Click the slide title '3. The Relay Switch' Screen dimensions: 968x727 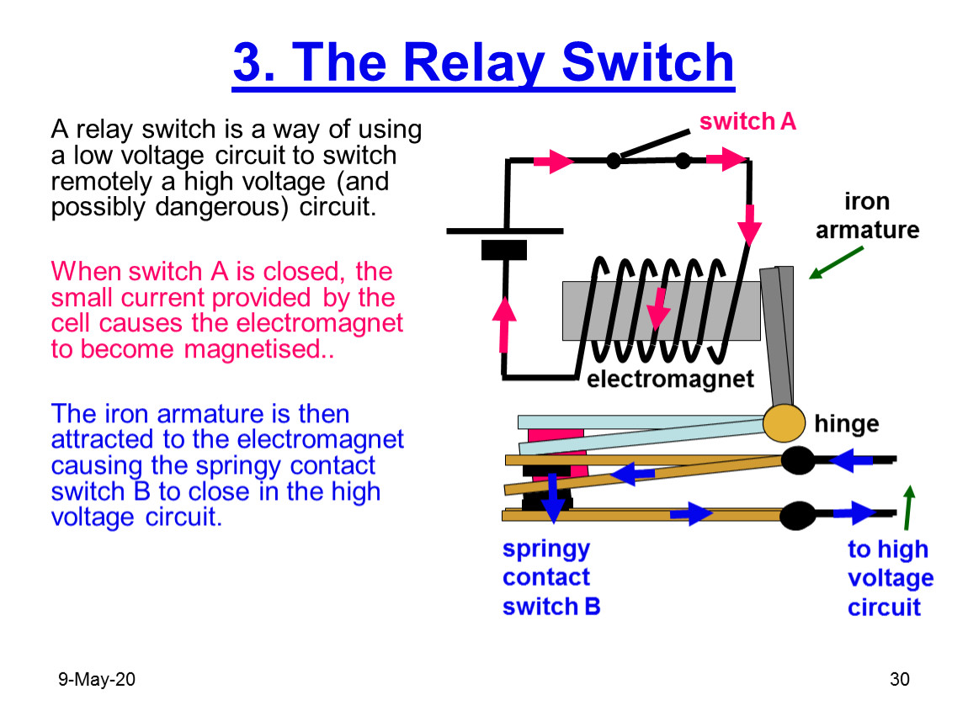pyautogui.click(x=483, y=63)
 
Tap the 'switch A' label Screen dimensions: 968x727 pyautogui.click(x=747, y=121)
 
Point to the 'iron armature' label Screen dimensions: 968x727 pyautogui.click(x=867, y=215)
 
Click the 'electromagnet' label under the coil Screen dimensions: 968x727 pyautogui.click(x=670, y=379)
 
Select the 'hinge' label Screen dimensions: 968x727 pyautogui.click(x=847, y=424)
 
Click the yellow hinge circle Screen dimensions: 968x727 pyautogui.click(x=784, y=423)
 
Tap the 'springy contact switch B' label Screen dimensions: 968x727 pyautogui.click(x=550, y=578)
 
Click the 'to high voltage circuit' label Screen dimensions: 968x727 pyautogui.click(x=891, y=578)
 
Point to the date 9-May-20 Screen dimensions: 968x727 pyautogui.click(x=96, y=680)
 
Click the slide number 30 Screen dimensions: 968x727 pyautogui.click(x=900, y=680)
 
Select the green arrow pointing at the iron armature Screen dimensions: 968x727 pyautogui.click(x=837, y=263)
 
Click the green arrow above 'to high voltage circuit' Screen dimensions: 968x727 pyautogui.click(x=908, y=507)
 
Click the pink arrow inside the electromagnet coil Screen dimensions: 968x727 pyautogui.click(x=659, y=309)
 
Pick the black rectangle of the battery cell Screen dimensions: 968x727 pyautogui.click(x=503, y=250)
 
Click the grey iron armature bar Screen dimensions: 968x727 pyautogui.click(x=778, y=337)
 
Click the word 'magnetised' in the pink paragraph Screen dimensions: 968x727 pyautogui.click(x=254, y=350)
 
